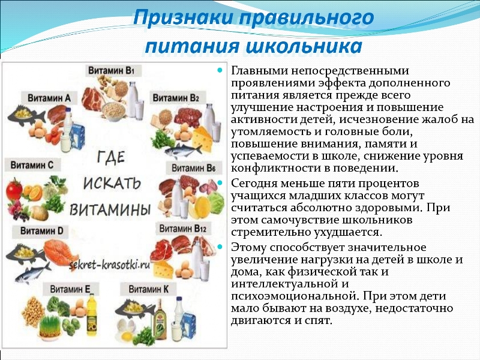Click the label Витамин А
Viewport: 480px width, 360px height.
(49, 98)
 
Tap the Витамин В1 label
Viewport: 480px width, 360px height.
(112, 70)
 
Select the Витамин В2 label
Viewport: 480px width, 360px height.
(176, 98)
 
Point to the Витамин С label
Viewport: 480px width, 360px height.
(32, 165)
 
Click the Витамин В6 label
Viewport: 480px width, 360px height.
(193, 168)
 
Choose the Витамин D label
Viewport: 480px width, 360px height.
(41, 230)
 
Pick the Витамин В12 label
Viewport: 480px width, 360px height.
(183, 229)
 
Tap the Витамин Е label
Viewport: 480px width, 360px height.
(70, 289)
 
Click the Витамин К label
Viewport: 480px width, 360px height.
(148, 289)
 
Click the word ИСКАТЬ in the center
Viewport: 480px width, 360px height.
(112, 184)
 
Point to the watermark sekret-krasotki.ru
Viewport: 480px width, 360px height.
(109, 265)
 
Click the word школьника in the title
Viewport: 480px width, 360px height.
(304, 46)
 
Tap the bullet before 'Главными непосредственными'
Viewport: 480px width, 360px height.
(220, 70)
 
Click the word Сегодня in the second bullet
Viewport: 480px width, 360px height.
(254, 184)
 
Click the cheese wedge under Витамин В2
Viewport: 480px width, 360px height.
(202, 139)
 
